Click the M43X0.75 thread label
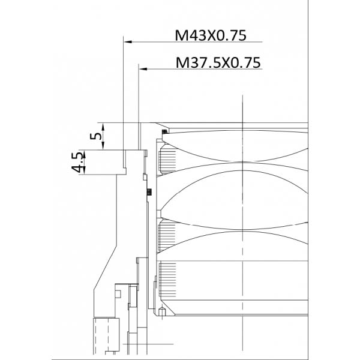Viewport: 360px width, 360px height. pyautogui.click(x=211, y=35)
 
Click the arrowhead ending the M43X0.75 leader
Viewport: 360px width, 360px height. pyautogui.click(x=127, y=41)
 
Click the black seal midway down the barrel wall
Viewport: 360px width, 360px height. pyautogui.click(x=148, y=192)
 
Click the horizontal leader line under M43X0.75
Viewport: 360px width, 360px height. pyautogui.click(x=192, y=41)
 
